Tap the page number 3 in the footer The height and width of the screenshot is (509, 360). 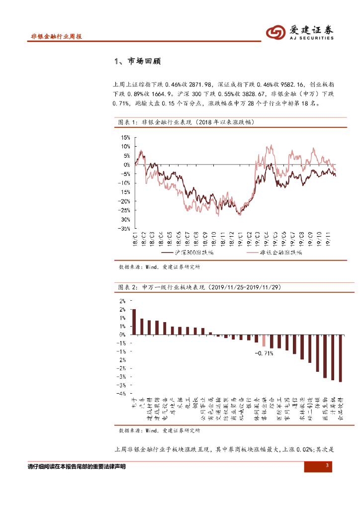327,465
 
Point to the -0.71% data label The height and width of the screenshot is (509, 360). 264,353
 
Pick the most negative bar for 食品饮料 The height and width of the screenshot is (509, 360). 341,358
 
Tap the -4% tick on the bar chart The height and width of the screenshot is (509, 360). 122,393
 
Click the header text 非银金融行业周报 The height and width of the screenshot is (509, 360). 56,36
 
